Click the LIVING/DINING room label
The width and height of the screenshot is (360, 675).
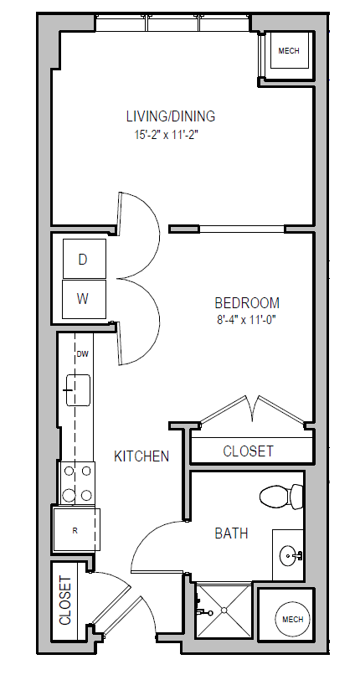tap(171, 116)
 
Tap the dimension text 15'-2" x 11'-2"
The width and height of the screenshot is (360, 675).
tap(171, 133)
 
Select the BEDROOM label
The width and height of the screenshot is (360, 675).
tap(247, 302)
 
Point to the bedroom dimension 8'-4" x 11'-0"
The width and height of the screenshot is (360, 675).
tap(247, 319)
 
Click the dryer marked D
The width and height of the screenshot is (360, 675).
tap(83, 260)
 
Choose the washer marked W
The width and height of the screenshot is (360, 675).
tap(83, 297)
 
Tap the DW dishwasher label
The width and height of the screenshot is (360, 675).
tap(82, 354)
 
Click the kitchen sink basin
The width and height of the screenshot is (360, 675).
tap(78, 389)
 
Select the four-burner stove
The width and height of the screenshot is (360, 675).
tap(77, 483)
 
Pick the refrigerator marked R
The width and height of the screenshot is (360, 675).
tap(75, 529)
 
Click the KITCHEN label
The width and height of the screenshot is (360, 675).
tap(141, 456)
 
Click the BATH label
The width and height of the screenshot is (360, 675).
tap(231, 533)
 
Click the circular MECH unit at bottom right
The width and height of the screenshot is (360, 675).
tap(291, 620)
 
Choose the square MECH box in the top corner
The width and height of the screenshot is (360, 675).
tap(288, 52)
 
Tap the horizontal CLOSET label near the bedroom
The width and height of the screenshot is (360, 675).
tap(248, 451)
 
